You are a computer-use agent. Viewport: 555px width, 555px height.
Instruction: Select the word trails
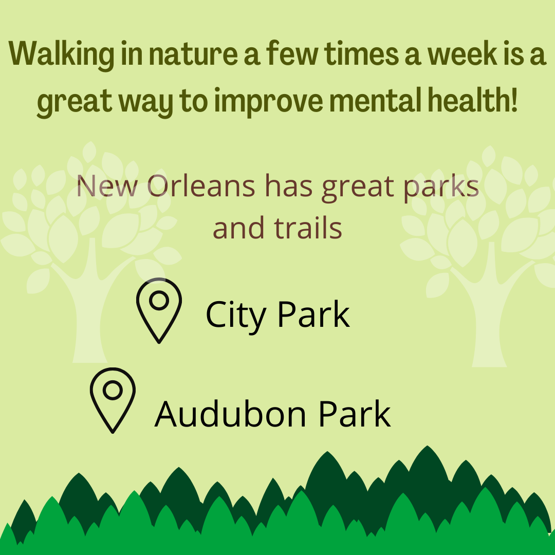pos(308,228)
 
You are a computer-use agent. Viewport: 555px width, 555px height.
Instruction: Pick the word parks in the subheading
pos(441,188)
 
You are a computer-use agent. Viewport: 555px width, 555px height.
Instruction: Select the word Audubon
pos(230,414)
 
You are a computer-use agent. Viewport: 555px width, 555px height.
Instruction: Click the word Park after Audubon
pos(355,414)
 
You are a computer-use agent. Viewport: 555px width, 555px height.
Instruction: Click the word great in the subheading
pos(358,188)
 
